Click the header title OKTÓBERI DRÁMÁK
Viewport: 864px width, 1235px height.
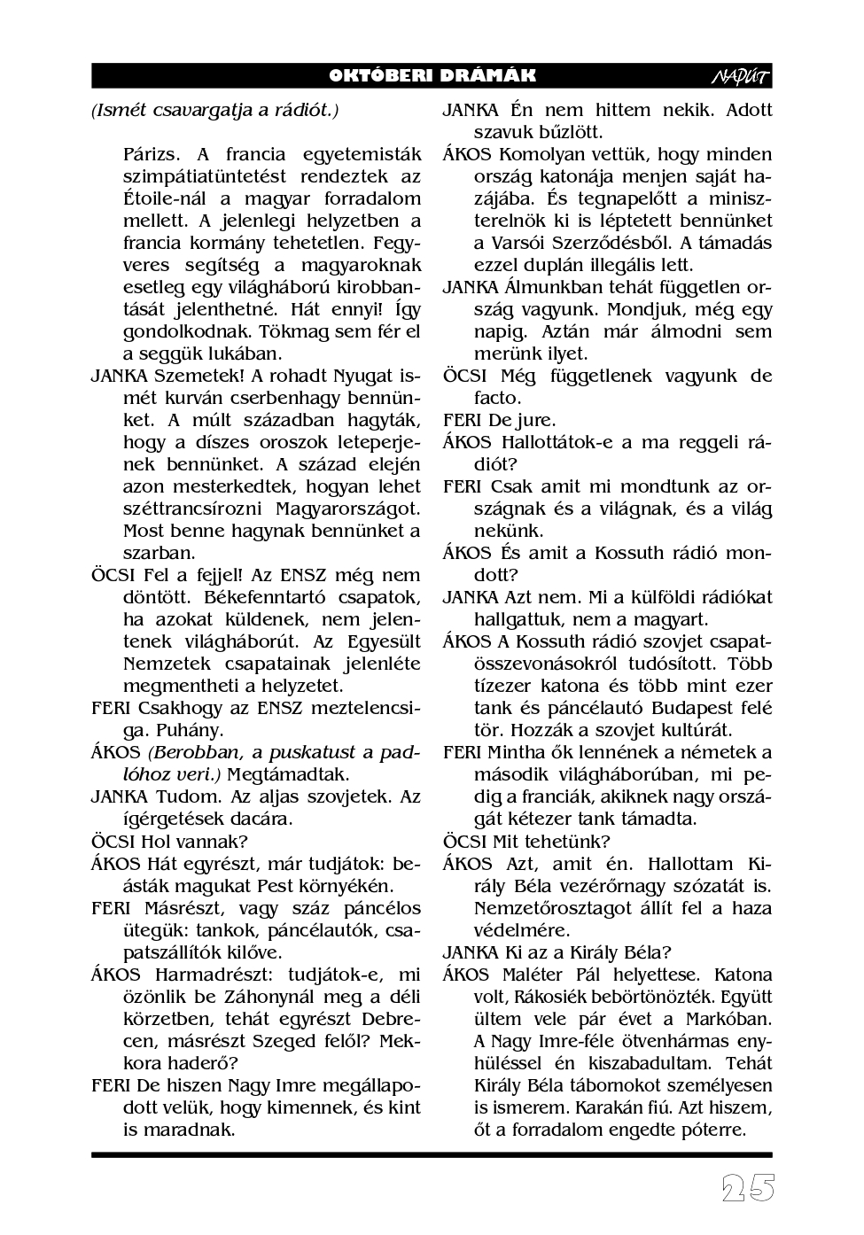click(x=432, y=76)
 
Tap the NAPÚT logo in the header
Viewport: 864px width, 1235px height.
click(x=741, y=77)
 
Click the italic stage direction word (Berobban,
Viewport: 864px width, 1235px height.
click(x=193, y=753)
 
